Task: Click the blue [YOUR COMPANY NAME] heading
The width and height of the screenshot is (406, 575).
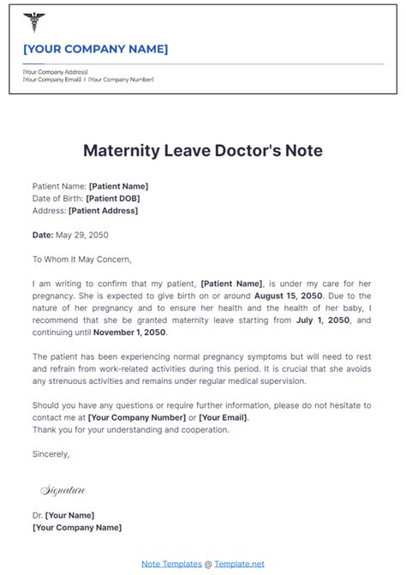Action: [x=96, y=49]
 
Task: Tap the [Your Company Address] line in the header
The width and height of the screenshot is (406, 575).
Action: [x=56, y=72]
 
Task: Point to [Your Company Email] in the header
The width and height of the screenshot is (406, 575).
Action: [x=51, y=80]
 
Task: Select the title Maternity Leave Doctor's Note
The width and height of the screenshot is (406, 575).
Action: [x=203, y=150]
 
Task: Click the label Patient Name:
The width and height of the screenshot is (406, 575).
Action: [x=59, y=186]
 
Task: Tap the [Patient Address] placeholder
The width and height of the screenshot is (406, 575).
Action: [x=103, y=210]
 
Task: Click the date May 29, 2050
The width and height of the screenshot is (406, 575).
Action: [x=82, y=234]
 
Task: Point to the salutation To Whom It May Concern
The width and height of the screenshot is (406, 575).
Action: [x=82, y=258]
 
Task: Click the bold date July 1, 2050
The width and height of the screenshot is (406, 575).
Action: [x=324, y=319]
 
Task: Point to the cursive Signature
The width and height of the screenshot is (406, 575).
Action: [x=63, y=490]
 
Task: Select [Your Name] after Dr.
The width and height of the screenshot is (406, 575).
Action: [x=69, y=516]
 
